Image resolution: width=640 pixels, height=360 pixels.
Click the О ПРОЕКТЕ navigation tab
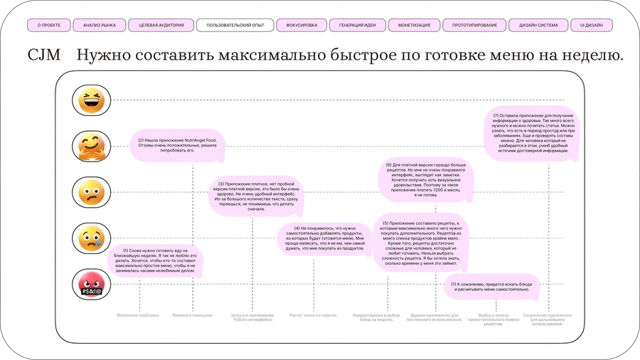(49, 26)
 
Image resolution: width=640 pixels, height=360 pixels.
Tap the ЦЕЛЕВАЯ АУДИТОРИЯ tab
(161, 26)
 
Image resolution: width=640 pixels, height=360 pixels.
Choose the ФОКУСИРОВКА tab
(302, 26)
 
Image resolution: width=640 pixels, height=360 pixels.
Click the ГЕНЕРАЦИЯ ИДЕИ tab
(357, 26)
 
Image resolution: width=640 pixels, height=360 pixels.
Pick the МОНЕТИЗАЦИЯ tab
(414, 26)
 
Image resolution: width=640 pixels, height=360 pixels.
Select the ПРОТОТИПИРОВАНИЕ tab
(474, 26)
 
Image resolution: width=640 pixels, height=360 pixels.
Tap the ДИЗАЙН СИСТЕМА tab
(538, 26)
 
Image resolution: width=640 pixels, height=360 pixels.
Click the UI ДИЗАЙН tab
(592, 26)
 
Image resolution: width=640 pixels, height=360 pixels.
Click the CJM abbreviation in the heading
(44, 55)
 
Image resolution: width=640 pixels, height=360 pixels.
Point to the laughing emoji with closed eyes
(91, 101)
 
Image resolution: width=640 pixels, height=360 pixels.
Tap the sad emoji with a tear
(91, 238)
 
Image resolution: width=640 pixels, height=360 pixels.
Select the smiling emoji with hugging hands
(91, 147)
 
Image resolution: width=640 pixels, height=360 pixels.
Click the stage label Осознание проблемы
(138, 315)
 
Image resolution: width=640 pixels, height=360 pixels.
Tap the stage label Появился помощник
(193, 315)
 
